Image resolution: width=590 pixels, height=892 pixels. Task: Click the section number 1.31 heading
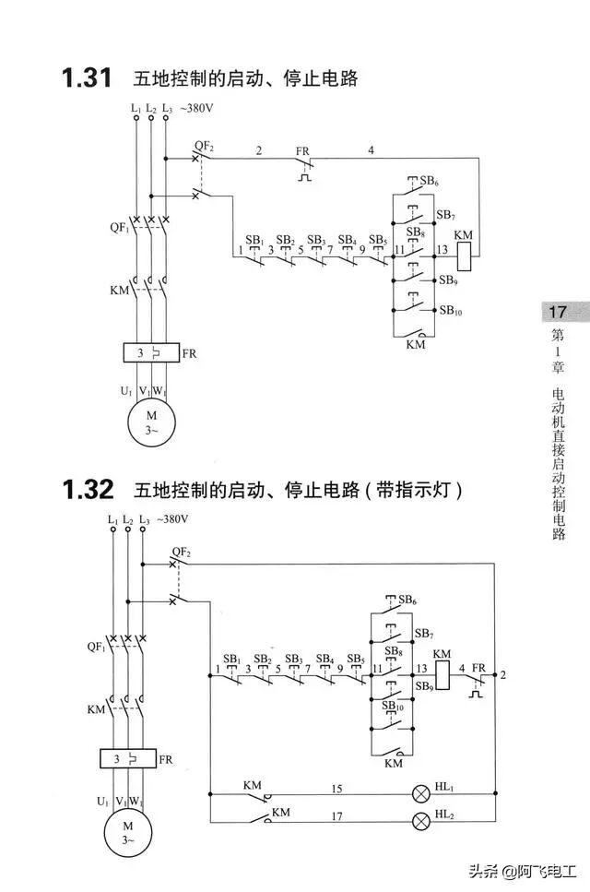[x=87, y=78]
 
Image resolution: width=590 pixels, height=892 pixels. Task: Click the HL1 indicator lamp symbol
[x=422, y=792]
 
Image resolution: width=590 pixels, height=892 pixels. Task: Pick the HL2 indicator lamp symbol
[x=422, y=819]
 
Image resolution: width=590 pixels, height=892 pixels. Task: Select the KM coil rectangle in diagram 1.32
[x=442, y=676]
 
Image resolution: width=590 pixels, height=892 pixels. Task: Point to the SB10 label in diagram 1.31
[x=451, y=312]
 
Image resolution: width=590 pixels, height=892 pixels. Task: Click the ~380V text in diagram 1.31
[x=197, y=109]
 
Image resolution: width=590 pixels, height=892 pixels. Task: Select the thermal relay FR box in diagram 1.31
[x=150, y=352]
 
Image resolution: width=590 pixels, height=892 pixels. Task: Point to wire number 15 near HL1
[x=337, y=789]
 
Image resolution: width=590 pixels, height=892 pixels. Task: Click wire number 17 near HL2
[x=337, y=815]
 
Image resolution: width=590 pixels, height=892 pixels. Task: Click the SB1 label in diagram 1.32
[x=232, y=660]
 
